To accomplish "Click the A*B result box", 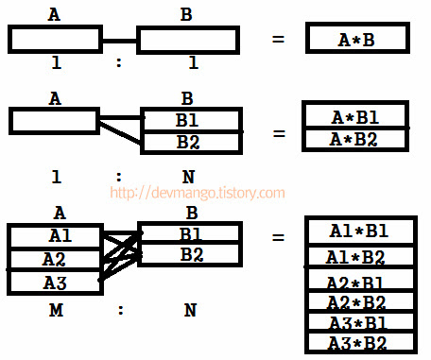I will pos(357,39).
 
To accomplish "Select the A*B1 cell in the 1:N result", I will pos(356,117).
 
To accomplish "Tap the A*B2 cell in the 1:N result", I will pos(356,139).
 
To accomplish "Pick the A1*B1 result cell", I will pos(357,231).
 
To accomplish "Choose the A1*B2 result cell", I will pos(357,256).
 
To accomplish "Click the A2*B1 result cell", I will pos(357,282).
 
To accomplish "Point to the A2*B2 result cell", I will pos(357,302).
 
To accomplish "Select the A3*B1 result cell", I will pos(357,322).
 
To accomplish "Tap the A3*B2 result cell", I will pos(357,342).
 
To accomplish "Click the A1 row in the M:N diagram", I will pos(55,235).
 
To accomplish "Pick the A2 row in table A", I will pos(55,258).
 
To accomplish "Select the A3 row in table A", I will pos(55,282).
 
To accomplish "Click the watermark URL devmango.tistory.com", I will pos(198,193).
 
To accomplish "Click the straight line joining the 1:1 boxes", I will pos(119,41).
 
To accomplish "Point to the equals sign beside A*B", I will pos(278,40).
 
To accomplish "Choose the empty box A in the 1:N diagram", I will pos(53,120).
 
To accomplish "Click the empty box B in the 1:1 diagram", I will pos(185,41).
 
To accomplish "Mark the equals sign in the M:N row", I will pos(278,236).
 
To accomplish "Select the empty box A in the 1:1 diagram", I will pos(55,40).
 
